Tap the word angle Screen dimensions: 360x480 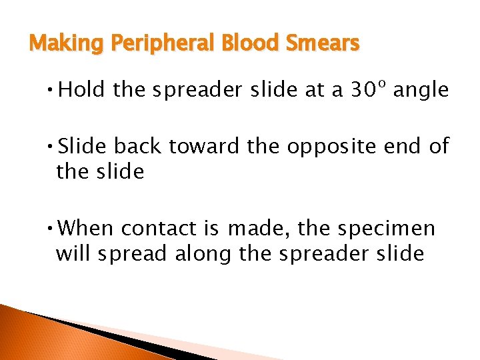coord(421,91)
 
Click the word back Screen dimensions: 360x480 coord(140,146)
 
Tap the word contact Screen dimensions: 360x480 coord(158,229)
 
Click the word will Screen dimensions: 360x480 coord(71,253)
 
